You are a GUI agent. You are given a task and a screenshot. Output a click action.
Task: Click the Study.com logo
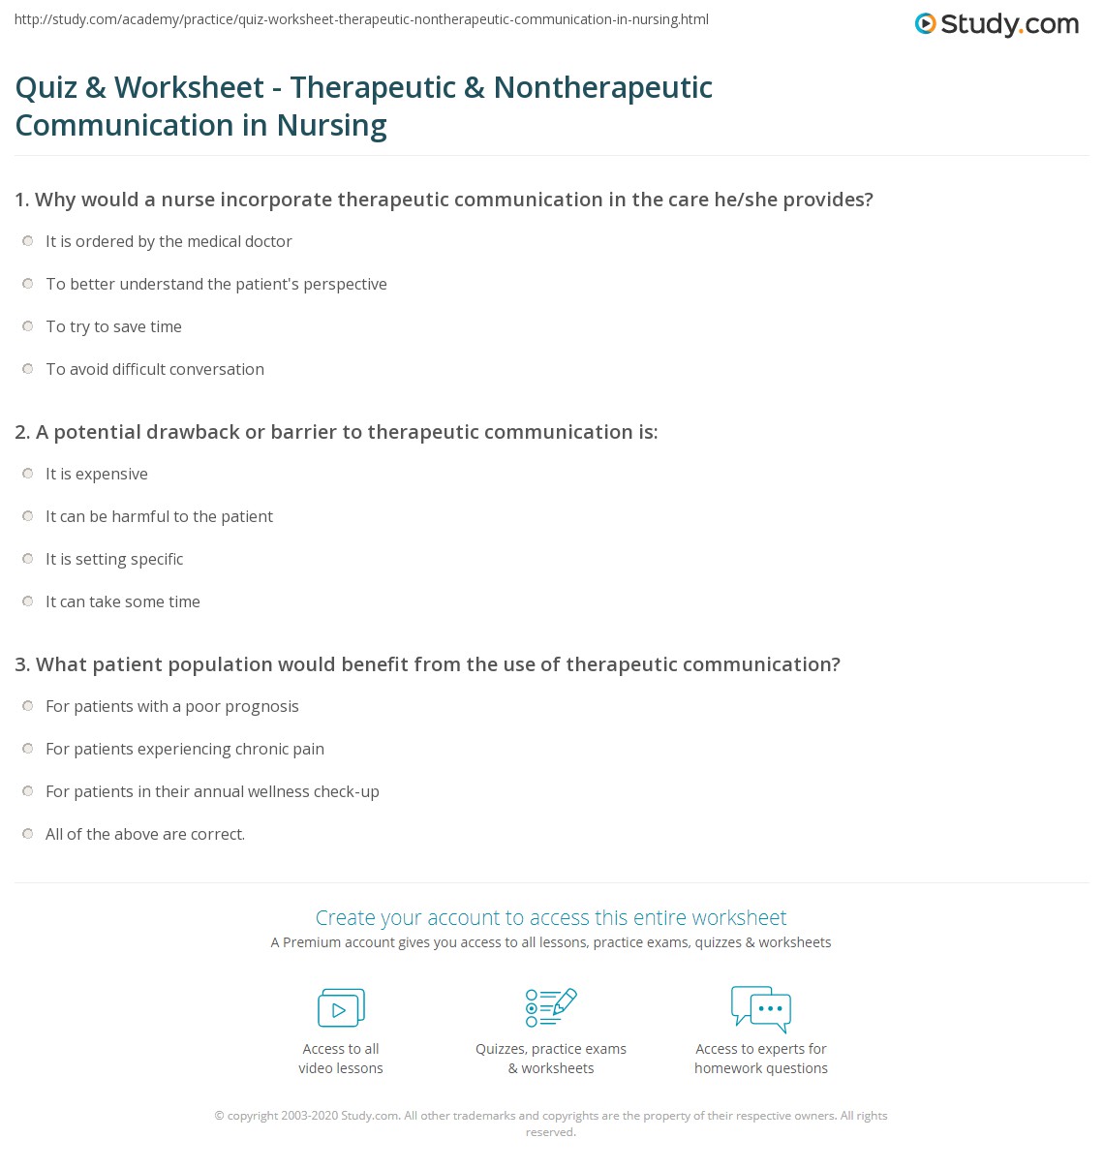tap(997, 24)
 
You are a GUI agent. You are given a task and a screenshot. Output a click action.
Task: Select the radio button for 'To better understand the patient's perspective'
tap(28, 284)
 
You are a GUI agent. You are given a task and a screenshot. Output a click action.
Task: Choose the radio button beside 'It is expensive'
tap(28, 474)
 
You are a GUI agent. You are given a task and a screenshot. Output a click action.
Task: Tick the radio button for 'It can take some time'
tap(28, 601)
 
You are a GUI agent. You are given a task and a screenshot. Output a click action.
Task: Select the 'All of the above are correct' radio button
tap(28, 834)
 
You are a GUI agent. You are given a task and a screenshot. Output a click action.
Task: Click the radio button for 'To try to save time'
tap(28, 326)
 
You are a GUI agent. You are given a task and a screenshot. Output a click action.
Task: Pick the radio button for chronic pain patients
tap(28, 749)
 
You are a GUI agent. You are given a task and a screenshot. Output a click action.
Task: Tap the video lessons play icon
tap(341, 1008)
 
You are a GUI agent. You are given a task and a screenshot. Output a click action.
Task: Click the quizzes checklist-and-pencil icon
tap(551, 1007)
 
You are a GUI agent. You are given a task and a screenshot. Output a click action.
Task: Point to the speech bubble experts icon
tap(761, 1007)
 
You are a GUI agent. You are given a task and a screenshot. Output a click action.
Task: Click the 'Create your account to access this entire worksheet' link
tap(551, 917)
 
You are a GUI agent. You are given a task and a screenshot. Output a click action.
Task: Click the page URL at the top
tap(361, 19)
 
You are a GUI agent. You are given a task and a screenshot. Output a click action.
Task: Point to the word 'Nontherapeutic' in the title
tap(602, 87)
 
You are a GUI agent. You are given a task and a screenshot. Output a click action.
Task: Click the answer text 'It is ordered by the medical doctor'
tap(169, 241)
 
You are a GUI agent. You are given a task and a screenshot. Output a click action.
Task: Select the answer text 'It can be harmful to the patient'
tap(159, 516)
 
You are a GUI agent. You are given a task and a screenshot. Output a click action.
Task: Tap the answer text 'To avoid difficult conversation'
tap(155, 369)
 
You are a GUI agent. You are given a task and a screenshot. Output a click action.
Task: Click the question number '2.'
tap(23, 432)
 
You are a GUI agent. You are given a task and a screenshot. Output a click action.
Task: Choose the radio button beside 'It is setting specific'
tap(28, 559)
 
